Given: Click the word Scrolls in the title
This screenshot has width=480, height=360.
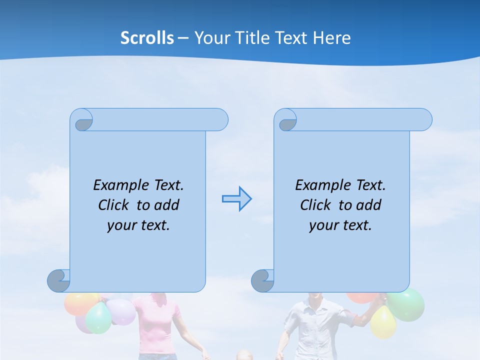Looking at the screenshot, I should point(147,38).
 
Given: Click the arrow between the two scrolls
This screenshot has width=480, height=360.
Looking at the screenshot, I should point(236,198).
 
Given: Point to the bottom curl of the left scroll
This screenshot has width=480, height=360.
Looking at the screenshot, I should point(59,280).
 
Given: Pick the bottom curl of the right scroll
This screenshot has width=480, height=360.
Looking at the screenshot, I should point(263,280).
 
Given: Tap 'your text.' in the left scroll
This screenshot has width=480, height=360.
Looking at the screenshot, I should point(138,225).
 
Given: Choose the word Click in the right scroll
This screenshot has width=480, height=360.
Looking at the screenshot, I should point(315,205).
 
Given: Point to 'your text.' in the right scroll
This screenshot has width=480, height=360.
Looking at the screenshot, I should point(340,225).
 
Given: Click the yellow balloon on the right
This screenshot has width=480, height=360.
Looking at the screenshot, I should point(382,321).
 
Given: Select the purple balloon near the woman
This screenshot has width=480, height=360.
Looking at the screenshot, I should point(121,311).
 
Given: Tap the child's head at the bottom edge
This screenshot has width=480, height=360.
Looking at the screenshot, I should point(244,355).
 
